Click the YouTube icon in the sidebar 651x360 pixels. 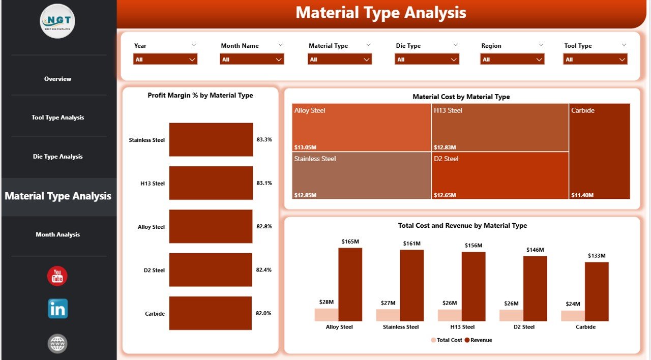(x=57, y=276)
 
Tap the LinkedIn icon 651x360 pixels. (x=58, y=309)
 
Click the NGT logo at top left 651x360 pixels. (x=57, y=21)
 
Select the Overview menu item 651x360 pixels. (x=58, y=79)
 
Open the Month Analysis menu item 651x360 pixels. (x=58, y=234)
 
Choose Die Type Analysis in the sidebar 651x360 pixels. (x=58, y=157)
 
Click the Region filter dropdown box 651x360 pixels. (x=512, y=59)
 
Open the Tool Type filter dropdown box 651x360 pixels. (x=595, y=59)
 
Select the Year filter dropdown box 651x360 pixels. (x=165, y=59)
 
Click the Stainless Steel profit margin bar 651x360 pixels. (x=211, y=140)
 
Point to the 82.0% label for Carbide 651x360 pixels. (x=264, y=314)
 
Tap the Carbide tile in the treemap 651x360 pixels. (x=600, y=151)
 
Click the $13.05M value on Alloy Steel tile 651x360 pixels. (x=306, y=147)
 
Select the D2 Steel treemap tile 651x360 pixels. (x=500, y=175)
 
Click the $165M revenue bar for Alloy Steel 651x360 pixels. (x=350, y=285)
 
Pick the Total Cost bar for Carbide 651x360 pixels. (x=573, y=316)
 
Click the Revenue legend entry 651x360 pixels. (x=478, y=340)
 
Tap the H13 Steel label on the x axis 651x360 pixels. (x=462, y=327)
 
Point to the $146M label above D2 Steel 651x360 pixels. (x=535, y=250)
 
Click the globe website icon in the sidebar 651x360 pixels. (x=57, y=344)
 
